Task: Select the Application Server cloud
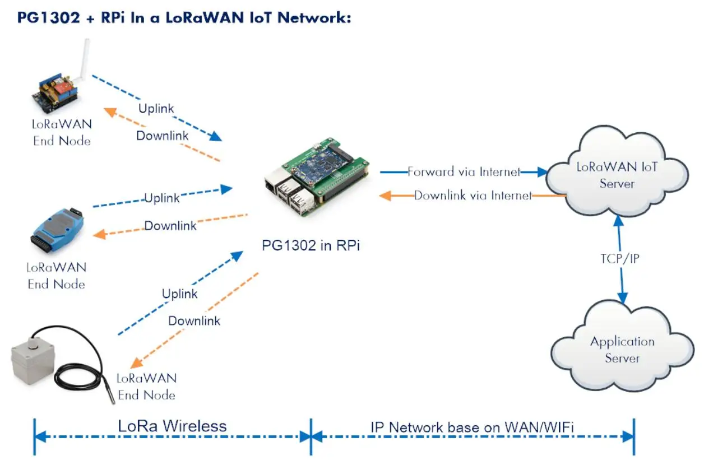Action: [x=622, y=350]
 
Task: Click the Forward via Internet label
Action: [x=464, y=172]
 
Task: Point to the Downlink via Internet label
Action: [x=473, y=196]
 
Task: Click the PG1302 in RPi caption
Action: [x=311, y=245]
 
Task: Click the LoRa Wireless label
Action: [x=172, y=426]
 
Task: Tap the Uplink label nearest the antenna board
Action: [x=156, y=108]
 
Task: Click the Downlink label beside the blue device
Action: [x=170, y=226]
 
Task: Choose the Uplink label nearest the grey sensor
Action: [x=179, y=294]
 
